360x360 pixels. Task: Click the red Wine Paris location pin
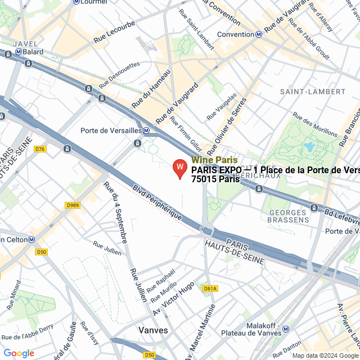point(179,168)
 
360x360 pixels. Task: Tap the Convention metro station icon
point(258,34)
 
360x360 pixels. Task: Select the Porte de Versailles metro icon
point(146,130)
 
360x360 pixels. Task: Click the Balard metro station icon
point(8,54)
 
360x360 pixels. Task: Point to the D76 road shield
point(40,149)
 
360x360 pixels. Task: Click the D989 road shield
point(73,205)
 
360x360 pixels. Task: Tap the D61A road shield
point(210,289)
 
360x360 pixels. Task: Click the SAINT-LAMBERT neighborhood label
point(313,91)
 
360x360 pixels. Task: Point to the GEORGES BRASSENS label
point(289,217)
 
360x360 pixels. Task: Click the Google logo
point(19,353)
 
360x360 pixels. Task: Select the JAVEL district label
point(25,43)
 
